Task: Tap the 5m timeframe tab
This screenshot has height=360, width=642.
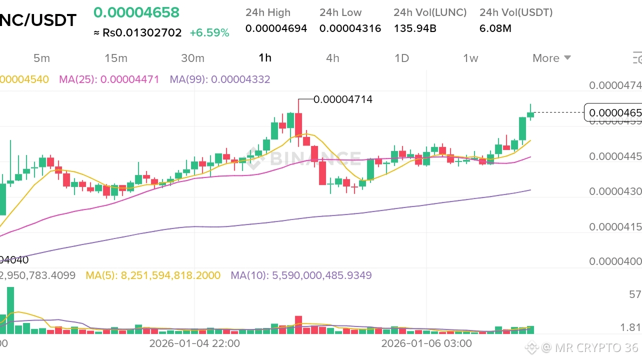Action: coord(41,58)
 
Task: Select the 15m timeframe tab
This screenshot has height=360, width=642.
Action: coord(116,58)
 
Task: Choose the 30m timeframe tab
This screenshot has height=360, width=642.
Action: coord(192,58)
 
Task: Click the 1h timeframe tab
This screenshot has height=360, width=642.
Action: coord(265,57)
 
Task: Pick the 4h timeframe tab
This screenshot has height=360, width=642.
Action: coord(332,58)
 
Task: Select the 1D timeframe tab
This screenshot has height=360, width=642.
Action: coord(401,58)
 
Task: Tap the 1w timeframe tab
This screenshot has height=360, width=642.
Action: coord(470,58)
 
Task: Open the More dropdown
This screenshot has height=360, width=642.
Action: coord(551,58)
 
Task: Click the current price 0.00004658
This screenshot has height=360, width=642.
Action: coord(136,12)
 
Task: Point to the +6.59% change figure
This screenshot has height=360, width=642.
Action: coord(209,33)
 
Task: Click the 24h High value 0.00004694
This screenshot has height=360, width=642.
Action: coord(276,28)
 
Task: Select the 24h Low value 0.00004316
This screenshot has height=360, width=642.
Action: coord(350,28)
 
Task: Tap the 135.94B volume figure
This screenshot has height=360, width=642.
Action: coord(415,28)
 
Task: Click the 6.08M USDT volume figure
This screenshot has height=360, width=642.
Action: coord(495,28)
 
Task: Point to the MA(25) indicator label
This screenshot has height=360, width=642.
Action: coord(109,79)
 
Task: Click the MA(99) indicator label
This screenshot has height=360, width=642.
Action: coord(220,79)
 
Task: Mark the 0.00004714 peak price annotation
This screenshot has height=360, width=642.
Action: coord(343,99)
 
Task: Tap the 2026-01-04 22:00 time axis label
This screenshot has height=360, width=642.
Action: coord(194,343)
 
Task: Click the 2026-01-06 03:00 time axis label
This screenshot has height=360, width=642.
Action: coord(426,343)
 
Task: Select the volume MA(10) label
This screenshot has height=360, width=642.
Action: coord(301,275)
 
